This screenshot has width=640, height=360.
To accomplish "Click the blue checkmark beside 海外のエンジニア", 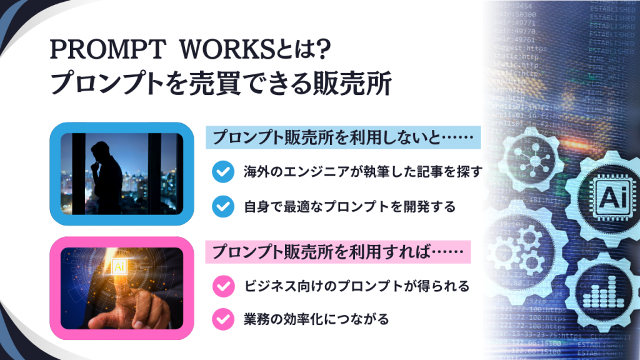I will [x=222, y=172].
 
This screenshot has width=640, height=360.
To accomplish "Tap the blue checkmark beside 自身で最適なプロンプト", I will [x=222, y=205].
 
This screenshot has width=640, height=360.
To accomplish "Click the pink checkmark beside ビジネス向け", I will [x=222, y=287].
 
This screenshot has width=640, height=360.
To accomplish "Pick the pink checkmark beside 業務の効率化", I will [x=222, y=319].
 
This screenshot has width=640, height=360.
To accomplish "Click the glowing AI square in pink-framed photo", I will [x=117, y=267].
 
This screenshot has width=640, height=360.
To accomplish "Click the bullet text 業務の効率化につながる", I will [x=316, y=319].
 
